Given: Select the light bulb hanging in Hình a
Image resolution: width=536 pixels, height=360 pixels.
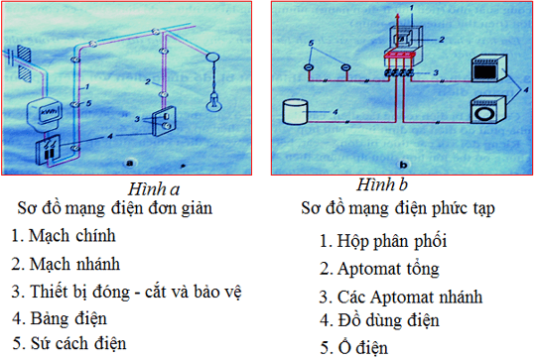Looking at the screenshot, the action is tap(211, 99).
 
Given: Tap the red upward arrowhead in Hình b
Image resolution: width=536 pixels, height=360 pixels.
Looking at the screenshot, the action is tap(400, 8).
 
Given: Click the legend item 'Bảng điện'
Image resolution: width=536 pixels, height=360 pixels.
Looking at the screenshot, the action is tap(69, 318).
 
